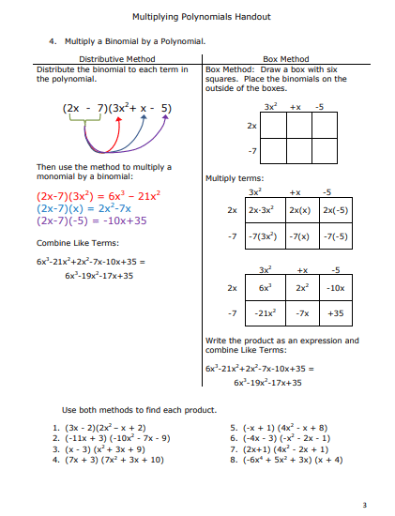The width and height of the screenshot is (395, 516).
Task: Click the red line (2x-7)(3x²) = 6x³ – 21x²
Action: [99, 196]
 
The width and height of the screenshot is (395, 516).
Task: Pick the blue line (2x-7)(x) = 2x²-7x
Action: [88, 208]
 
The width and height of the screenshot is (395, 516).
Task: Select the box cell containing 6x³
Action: [266, 287]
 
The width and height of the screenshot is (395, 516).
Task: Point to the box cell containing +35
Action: [336, 313]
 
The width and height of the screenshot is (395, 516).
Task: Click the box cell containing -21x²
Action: [266, 313]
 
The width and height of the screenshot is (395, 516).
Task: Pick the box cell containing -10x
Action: [336, 287]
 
